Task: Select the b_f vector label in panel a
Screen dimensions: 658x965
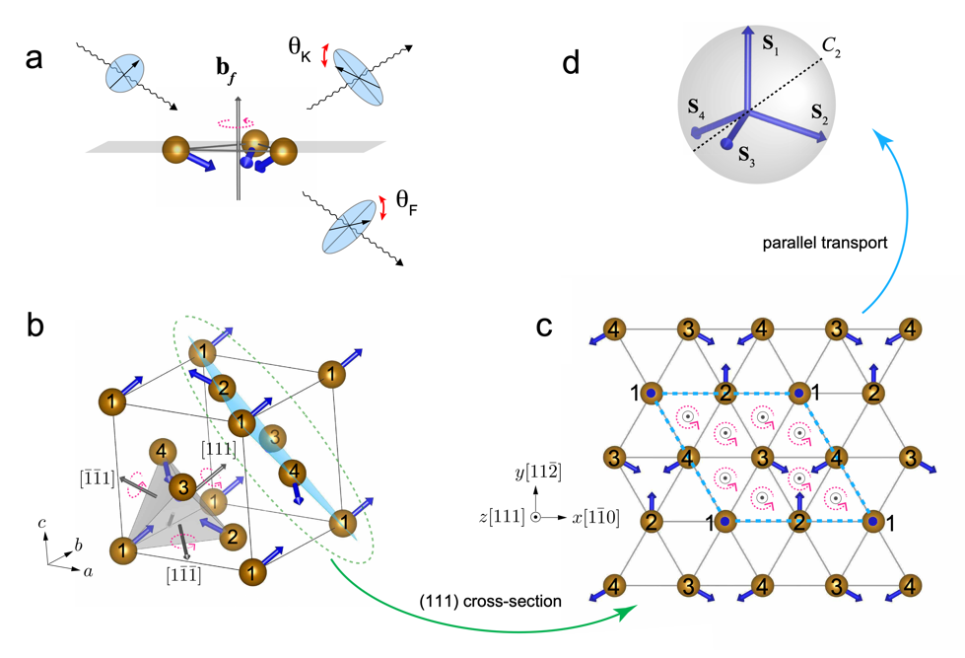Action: point(228,72)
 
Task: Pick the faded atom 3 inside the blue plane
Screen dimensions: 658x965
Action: point(276,435)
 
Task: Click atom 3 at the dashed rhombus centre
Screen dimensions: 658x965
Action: point(761,458)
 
